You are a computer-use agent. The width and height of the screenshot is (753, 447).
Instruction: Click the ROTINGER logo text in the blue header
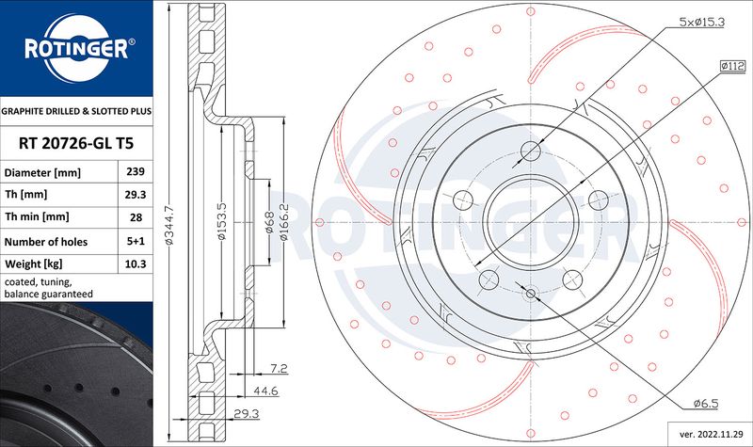76,49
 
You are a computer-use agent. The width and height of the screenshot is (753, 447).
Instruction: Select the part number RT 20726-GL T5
76,143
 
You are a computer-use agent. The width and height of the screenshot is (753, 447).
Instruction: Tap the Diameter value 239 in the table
136,171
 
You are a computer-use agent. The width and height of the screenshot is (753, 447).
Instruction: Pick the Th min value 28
136,217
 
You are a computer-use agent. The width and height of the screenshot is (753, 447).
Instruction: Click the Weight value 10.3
136,263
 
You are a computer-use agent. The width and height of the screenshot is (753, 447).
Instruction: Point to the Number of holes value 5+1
136,241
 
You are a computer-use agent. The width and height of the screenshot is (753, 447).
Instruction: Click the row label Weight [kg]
34,263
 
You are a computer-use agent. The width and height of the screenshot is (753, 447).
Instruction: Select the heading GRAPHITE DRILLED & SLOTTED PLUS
76,111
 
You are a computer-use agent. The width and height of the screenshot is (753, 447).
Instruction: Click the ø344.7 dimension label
169,225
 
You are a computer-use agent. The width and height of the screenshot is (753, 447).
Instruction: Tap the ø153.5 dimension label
221,220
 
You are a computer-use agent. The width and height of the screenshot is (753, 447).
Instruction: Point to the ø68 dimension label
269,222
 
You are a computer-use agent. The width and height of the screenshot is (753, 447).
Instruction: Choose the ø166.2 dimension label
284,222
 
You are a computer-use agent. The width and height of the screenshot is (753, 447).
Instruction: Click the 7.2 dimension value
279,368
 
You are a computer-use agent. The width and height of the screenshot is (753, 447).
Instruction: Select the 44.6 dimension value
265,391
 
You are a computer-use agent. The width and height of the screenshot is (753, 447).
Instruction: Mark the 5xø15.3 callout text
701,22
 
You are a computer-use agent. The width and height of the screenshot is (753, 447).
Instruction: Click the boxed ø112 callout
732,66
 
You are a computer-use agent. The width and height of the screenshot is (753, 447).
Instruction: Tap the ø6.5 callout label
706,404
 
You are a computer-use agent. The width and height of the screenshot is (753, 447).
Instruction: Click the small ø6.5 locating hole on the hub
531,293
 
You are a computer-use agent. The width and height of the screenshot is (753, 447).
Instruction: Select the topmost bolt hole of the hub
531,152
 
